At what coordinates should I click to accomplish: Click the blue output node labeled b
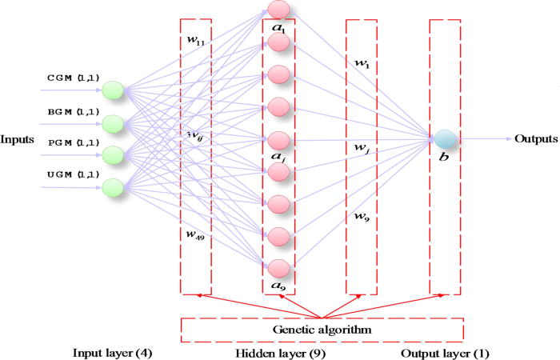click(x=445, y=138)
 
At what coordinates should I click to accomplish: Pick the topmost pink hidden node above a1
click(x=278, y=10)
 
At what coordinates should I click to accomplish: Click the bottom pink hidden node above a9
click(x=278, y=267)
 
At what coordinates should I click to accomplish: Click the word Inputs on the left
click(x=17, y=139)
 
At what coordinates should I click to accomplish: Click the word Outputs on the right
click(x=536, y=138)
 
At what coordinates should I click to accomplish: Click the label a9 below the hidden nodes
click(x=278, y=286)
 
